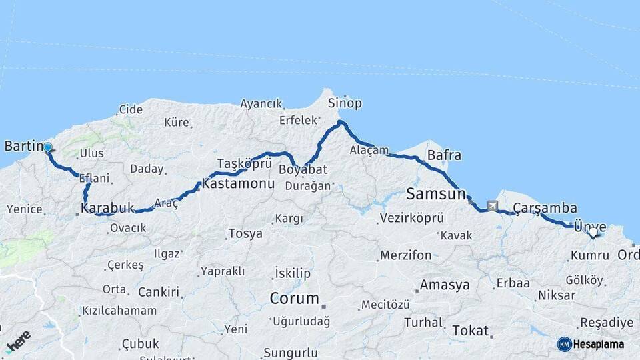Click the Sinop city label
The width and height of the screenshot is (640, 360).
(345, 103)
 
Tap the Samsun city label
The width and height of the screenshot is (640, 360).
(435, 195)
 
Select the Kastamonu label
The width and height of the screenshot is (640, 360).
(239, 183)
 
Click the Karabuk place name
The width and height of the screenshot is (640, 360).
(107, 208)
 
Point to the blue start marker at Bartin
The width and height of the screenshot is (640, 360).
(47, 147)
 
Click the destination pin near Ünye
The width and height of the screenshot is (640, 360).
(593, 233)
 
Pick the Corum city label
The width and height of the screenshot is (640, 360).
(294, 298)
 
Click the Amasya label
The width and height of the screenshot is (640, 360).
(444, 285)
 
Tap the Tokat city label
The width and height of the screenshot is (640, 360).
(470, 331)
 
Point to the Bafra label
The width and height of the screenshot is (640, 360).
(444, 155)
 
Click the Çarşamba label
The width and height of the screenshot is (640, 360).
(545, 208)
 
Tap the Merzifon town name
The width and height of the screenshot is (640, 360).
(405, 255)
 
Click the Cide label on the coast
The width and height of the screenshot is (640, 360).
(131, 109)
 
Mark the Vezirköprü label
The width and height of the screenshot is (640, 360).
(411, 218)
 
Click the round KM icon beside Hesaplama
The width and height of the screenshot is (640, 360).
(564, 344)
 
